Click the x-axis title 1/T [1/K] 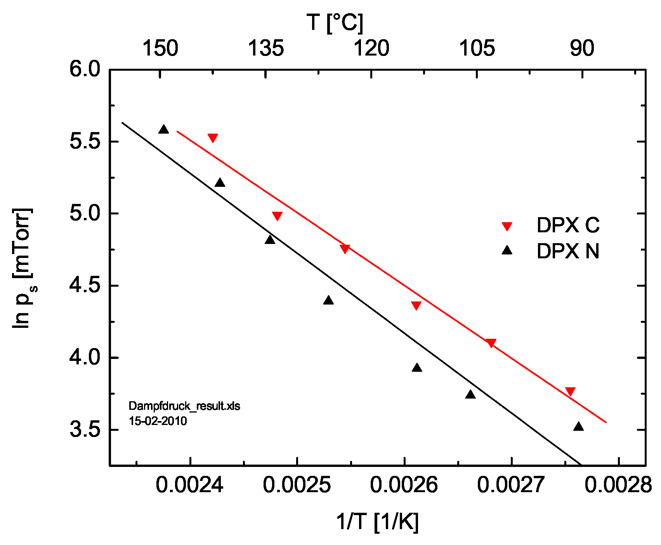[x=377, y=521]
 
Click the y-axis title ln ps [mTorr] [x=23, y=268]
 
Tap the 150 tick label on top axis [x=160, y=49]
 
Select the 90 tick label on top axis [x=582, y=49]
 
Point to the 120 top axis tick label [x=371, y=49]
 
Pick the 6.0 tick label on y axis [x=85, y=70]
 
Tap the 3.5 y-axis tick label [x=85, y=430]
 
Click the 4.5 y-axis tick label [x=85, y=286]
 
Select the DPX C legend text [x=568, y=225]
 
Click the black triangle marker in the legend [x=507, y=251]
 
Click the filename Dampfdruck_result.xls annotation [x=184, y=406]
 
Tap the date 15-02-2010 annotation [x=158, y=421]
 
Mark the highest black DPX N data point [x=163, y=130]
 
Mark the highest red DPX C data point [x=213, y=138]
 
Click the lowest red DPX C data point [x=570, y=391]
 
